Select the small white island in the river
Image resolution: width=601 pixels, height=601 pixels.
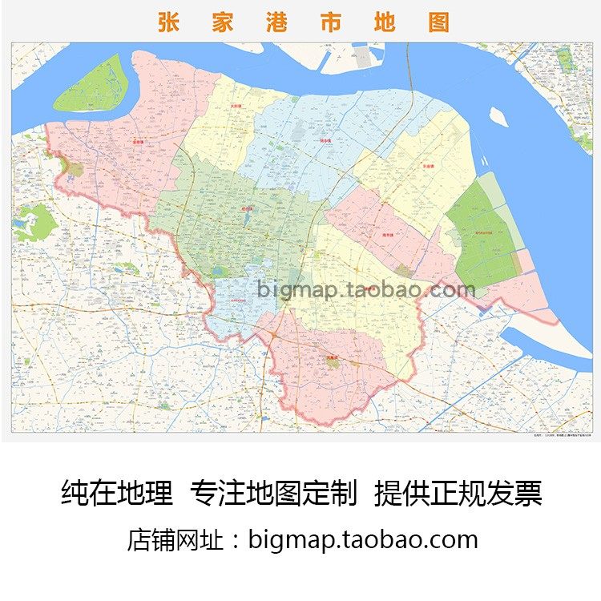(x=498, y=117)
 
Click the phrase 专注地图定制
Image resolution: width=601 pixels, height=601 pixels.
(x=273, y=493)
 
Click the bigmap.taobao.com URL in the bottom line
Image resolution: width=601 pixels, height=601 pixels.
(x=363, y=539)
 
